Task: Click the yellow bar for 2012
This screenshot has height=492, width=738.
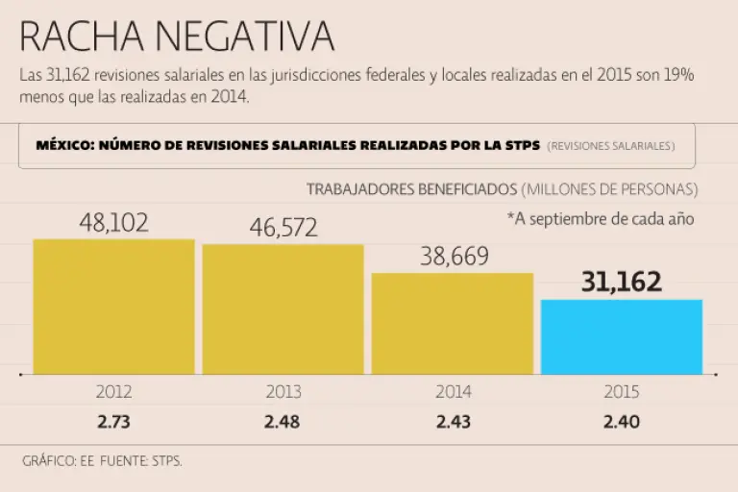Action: [x=113, y=306]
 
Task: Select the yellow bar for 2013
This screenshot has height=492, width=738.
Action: [x=283, y=308]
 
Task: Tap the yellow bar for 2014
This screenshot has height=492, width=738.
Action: [x=453, y=323]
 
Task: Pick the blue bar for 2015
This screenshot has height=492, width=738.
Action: [x=622, y=336]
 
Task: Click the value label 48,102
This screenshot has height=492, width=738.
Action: [x=113, y=223]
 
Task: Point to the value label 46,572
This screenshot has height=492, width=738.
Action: [x=283, y=228]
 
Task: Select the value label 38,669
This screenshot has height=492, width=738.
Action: [x=455, y=257]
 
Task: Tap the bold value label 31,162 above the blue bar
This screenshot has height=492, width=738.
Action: [x=622, y=282]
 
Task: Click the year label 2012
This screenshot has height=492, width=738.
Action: [x=113, y=392]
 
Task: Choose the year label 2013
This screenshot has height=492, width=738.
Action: [x=283, y=392]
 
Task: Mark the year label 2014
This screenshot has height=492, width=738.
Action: [x=453, y=392]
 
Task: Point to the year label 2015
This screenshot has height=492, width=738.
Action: [x=622, y=392]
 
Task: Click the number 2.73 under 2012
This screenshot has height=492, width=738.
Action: [x=113, y=421]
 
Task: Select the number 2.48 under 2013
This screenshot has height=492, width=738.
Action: [x=283, y=421]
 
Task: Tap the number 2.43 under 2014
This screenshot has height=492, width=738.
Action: [x=453, y=421]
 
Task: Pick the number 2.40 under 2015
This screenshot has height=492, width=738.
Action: [x=622, y=421]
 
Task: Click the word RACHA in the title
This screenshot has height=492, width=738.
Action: [x=80, y=37]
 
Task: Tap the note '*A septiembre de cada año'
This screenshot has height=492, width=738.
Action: [x=600, y=218]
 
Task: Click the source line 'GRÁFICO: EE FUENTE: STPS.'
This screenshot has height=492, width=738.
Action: [x=102, y=460]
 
